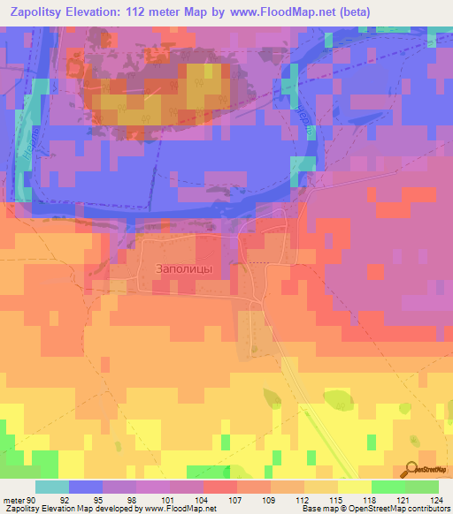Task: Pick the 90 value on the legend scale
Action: [x=32, y=500]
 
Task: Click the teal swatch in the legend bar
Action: [x=52, y=487]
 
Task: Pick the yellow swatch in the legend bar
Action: [x=354, y=487]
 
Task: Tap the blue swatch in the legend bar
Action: [x=86, y=487]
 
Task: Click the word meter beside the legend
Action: [x=13, y=500]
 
